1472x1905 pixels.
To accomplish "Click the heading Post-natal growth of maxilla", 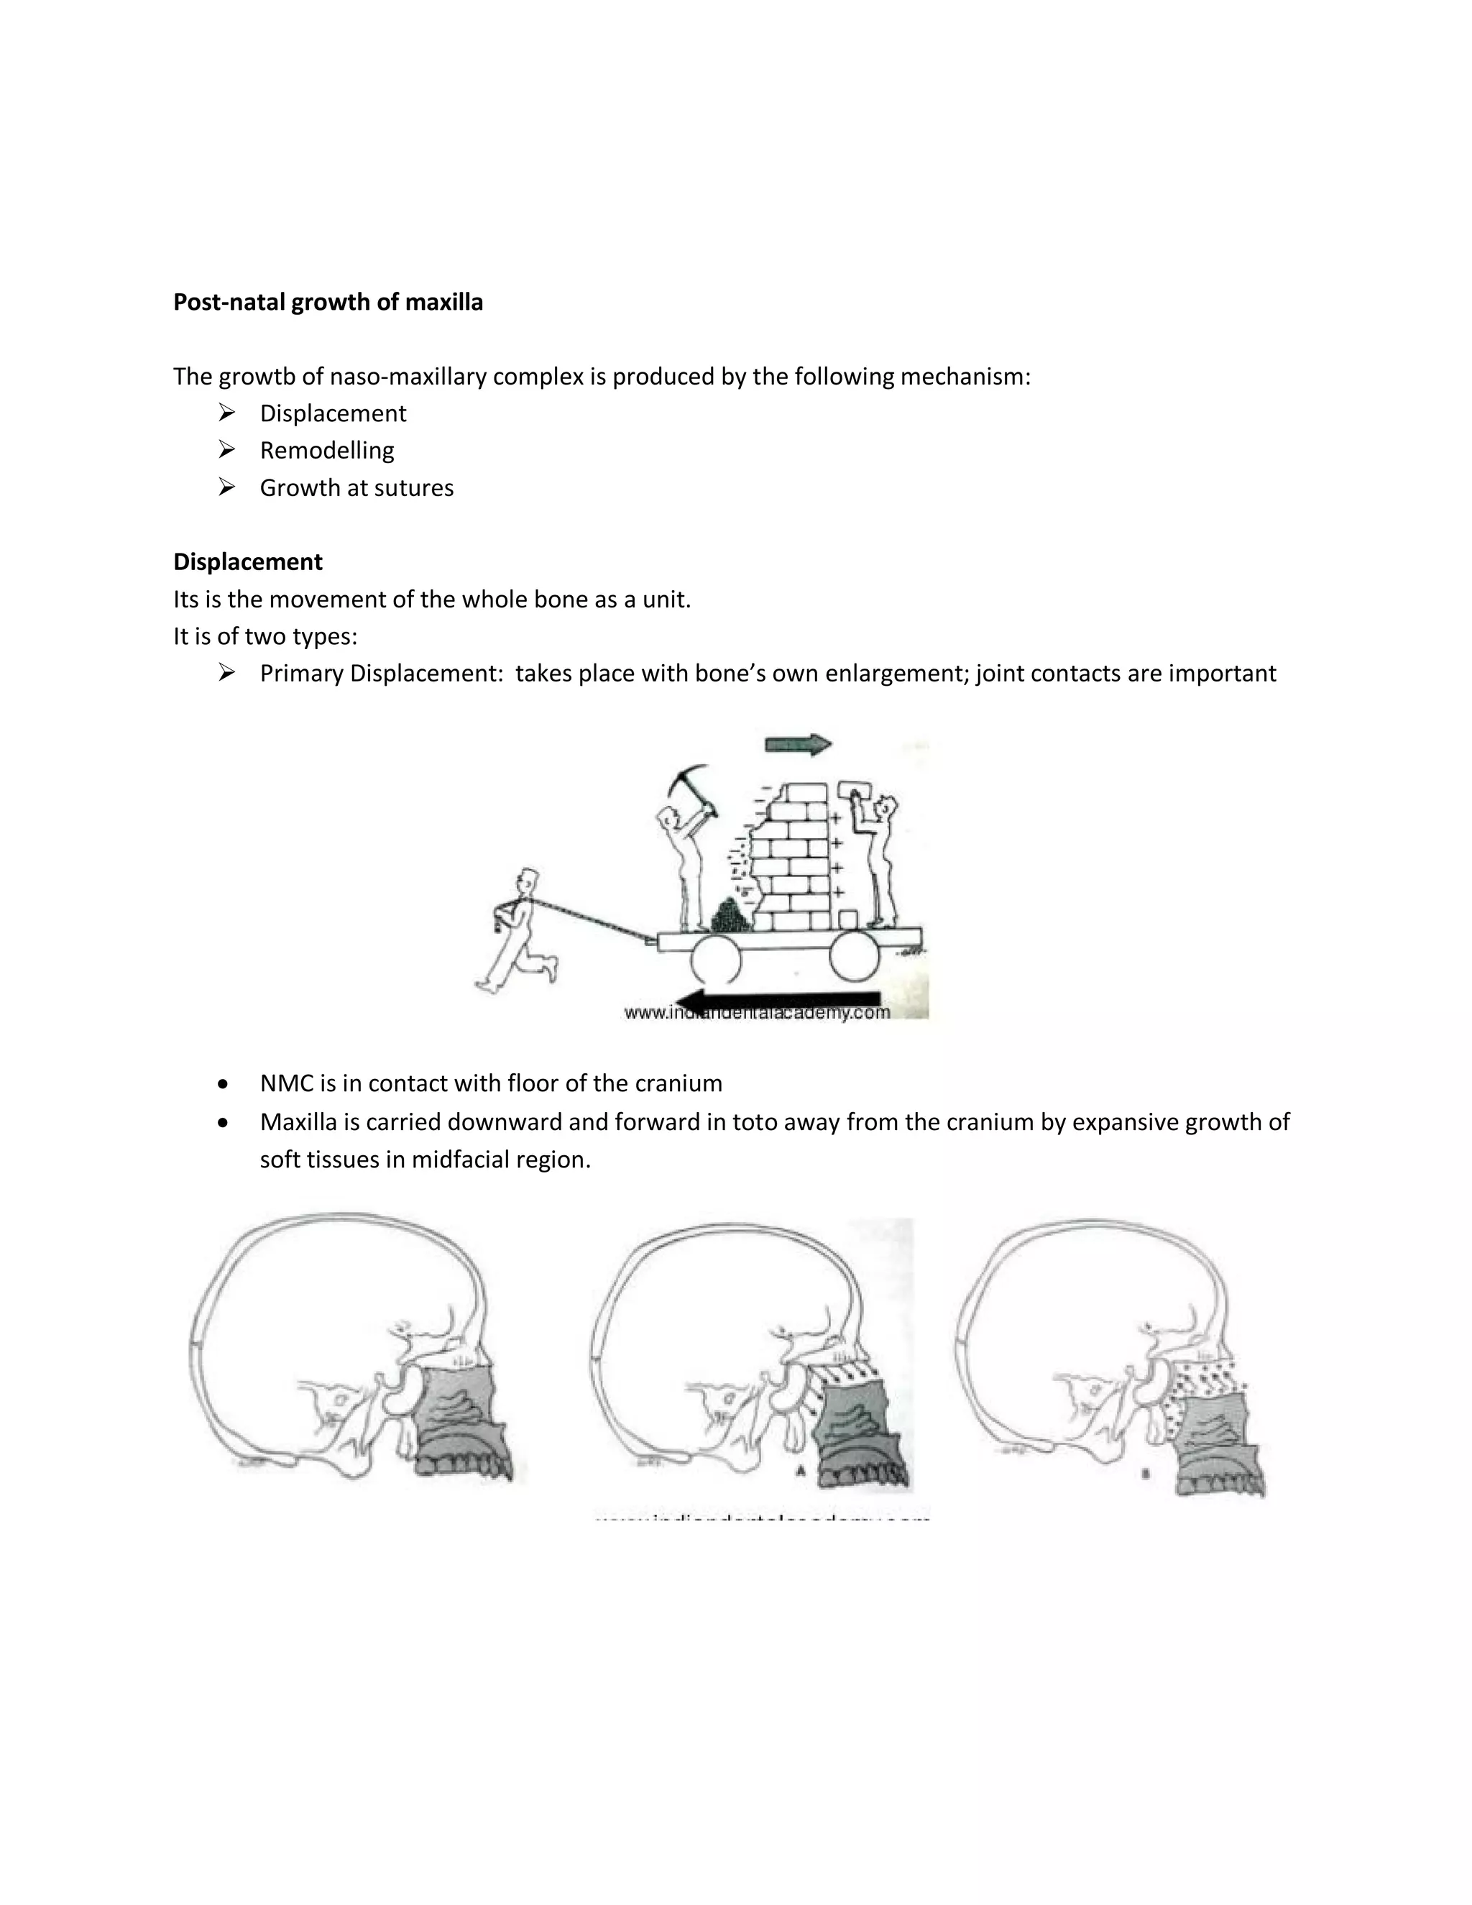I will point(328,302).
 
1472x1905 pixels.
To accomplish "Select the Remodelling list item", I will point(327,450).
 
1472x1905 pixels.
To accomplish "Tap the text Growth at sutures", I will point(356,487).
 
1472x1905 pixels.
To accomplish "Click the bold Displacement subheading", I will point(248,561).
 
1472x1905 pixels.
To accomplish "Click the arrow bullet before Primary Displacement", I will point(226,673).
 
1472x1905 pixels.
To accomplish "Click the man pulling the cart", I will point(517,929).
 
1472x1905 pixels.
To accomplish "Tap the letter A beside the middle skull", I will point(798,1471).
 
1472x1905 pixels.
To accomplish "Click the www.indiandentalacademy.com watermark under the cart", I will point(757,1013).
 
